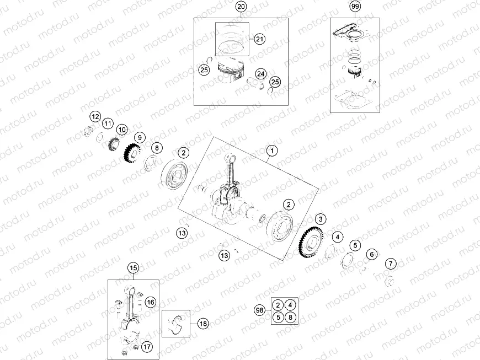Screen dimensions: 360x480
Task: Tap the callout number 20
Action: pos(241,7)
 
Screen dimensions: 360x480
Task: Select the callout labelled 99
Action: pos(355,7)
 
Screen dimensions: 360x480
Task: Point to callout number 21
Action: pos(260,39)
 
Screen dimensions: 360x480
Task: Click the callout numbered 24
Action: pos(261,73)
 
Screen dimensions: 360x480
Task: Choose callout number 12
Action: pos(95,117)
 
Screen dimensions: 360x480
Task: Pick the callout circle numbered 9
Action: pos(140,137)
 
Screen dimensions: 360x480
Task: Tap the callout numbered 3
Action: pos(321,220)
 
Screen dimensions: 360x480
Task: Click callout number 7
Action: pos(390,263)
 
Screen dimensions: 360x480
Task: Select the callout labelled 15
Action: pos(132,268)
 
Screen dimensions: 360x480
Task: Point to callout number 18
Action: pos(203,324)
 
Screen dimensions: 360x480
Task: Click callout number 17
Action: pos(146,347)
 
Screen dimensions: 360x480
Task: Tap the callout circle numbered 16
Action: pos(151,302)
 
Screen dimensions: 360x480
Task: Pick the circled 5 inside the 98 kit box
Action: pos(279,317)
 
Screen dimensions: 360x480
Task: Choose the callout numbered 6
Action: pos(372,254)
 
